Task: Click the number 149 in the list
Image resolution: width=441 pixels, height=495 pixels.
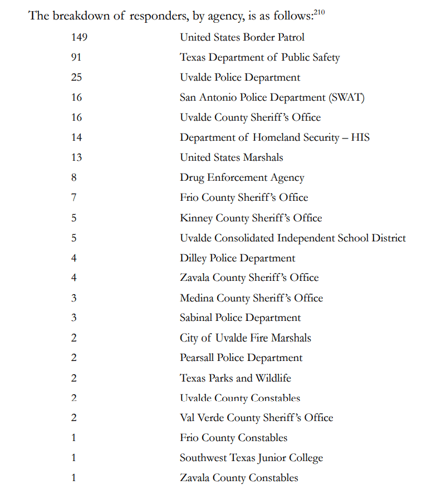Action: (79, 37)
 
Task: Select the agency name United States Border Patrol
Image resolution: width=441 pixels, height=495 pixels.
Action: (242, 37)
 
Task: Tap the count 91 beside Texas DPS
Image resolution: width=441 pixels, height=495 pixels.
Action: (76, 57)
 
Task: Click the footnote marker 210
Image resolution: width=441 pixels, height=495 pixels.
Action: (319, 11)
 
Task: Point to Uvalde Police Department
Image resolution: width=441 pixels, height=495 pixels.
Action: (240, 77)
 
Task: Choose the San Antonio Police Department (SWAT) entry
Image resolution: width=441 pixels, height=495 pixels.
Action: (272, 97)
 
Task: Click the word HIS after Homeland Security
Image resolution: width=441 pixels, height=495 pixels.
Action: (360, 137)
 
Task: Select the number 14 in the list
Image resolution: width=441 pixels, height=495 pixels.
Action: (76, 137)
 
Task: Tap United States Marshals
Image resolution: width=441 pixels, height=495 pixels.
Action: (231, 157)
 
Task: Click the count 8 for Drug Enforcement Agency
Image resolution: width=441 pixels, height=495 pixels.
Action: (73, 177)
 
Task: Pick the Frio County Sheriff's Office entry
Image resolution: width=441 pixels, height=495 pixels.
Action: (244, 197)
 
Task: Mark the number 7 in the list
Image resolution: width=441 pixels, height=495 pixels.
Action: (73, 197)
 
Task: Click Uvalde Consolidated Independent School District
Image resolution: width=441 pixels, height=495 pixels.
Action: (293, 238)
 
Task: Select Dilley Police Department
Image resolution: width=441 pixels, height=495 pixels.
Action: (237, 258)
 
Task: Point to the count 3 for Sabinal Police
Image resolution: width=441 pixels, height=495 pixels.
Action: (73, 318)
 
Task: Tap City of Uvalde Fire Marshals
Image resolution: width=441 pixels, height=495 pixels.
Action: (245, 338)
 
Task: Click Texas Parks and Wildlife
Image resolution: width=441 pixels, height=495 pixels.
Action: (235, 378)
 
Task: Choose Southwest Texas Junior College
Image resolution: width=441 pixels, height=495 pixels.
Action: (251, 458)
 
